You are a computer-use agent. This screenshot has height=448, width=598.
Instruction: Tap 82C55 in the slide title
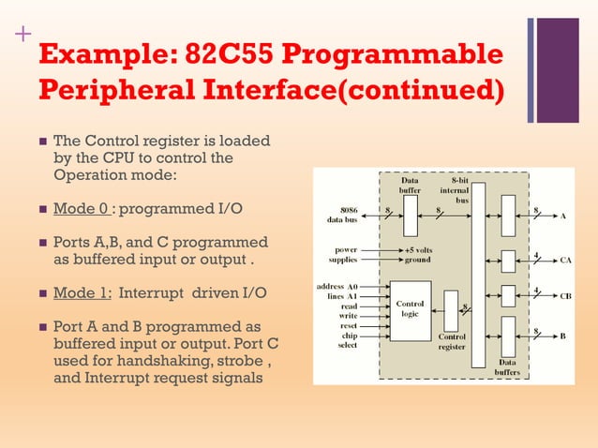coord(228,54)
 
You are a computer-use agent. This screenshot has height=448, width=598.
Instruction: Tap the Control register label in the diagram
coord(452,340)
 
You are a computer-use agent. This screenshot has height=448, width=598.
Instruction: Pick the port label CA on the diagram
coord(565,261)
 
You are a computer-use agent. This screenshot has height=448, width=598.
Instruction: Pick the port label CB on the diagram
coord(565,296)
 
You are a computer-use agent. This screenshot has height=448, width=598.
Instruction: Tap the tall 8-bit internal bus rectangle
coord(479,275)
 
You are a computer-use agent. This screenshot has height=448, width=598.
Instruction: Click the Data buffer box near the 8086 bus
coord(410,216)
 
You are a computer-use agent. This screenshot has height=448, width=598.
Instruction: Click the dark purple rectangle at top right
coord(560,70)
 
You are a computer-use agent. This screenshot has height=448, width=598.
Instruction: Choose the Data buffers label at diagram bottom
coord(507,366)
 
